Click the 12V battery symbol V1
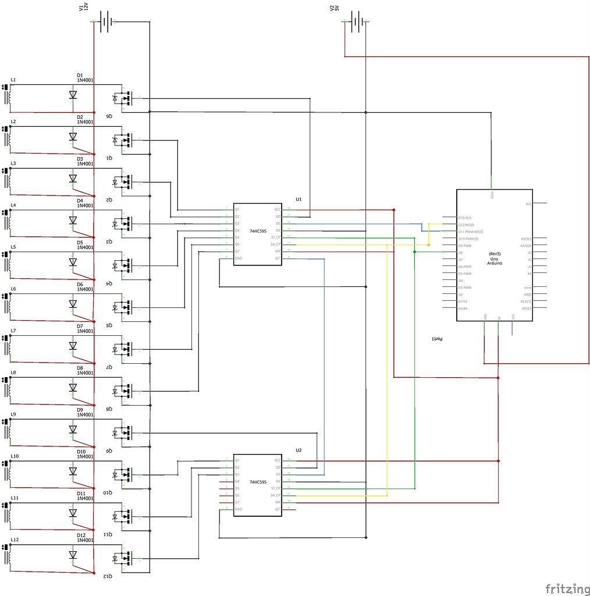(105, 22)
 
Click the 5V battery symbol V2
(357, 22)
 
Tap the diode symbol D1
(73, 95)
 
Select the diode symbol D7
(73, 346)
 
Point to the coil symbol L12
(8, 555)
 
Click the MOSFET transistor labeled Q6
(123, 98)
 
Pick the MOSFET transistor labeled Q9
(123, 432)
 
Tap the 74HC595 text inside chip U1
(258, 231)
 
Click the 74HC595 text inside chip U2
(258, 482)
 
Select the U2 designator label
(298, 450)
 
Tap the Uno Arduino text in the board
(494, 260)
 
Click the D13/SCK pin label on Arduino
(464, 218)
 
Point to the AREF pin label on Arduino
(527, 295)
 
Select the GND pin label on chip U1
(239, 258)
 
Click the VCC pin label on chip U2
(277, 460)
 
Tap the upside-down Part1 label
(437, 338)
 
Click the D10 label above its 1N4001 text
(81, 452)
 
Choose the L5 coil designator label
(13, 247)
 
